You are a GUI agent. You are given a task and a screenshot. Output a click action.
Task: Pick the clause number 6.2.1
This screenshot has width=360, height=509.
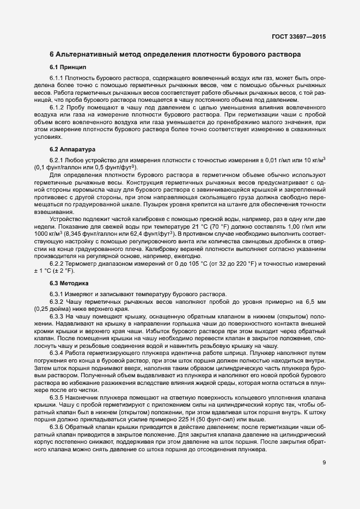pyautogui.click(x=57, y=160)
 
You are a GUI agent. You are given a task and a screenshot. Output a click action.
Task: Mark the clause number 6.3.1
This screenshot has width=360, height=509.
pyautogui.click(x=57, y=295)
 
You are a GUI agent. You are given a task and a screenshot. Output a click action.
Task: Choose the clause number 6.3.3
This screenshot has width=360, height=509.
pyautogui.click(x=57, y=316)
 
